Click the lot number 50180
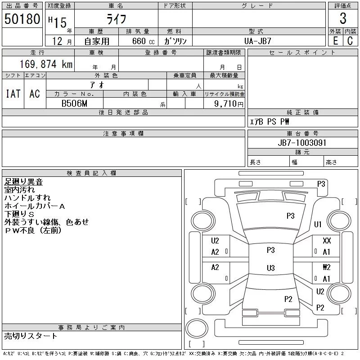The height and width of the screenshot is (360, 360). pyautogui.click(x=22, y=19)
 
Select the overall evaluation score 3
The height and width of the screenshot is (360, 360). pyautogui.click(x=343, y=19)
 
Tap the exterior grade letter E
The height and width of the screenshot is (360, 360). pyautogui.click(x=335, y=40)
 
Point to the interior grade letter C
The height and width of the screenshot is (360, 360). pyautogui.click(x=350, y=40)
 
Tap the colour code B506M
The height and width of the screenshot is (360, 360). pyautogui.click(x=75, y=103)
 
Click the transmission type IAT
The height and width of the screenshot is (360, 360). pyautogui.click(x=13, y=94)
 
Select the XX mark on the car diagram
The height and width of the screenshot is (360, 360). pyautogui.click(x=327, y=241)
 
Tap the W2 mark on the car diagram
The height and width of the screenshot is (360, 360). pyautogui.click(x=327, y=267)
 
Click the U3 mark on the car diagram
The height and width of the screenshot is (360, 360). pyautogui.click(x=270, y=268)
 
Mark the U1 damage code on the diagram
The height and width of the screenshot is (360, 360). pyautogui.click(x=318, y=225)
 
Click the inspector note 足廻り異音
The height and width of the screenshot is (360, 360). pyautogui.click(x=23, y=182)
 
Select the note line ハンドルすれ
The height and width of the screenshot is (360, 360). pyautogui.click(x=27, y=198)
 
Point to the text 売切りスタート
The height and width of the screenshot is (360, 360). pyautogui.click(x=31, y=336)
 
